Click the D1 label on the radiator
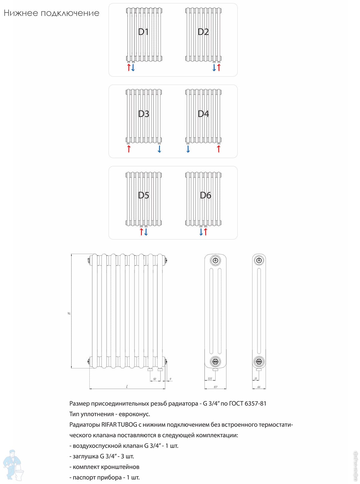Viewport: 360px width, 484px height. click(x=143, y=32)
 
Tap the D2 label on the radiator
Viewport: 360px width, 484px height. click(x=203, y=32)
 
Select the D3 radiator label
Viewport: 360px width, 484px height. click(x=143, y=114)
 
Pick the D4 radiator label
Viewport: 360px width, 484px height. click(x=203, y=114)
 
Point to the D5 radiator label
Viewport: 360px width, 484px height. click(x=143, y=195)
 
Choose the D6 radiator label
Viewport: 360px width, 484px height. click(x=205, y=195)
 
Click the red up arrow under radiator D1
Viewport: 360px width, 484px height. click(x=129, y=67)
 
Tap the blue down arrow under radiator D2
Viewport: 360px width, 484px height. click(x=214, y=67)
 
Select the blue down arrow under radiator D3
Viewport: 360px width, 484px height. click(x=159, y=149)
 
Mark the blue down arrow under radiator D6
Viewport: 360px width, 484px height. click(x=201, y=232)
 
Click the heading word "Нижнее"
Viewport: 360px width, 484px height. click(x=21, y=13)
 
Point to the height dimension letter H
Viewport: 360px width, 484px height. click(x=69, y=313)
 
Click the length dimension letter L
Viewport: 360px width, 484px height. click(x=127, y=387)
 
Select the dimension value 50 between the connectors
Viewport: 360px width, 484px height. click(x=154, y=379)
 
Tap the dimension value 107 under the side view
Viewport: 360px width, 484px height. click(x=215, y=387)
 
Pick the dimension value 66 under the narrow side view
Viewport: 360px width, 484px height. click(x=259, y=387)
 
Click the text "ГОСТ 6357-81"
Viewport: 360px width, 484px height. click(x=247, y=403)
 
